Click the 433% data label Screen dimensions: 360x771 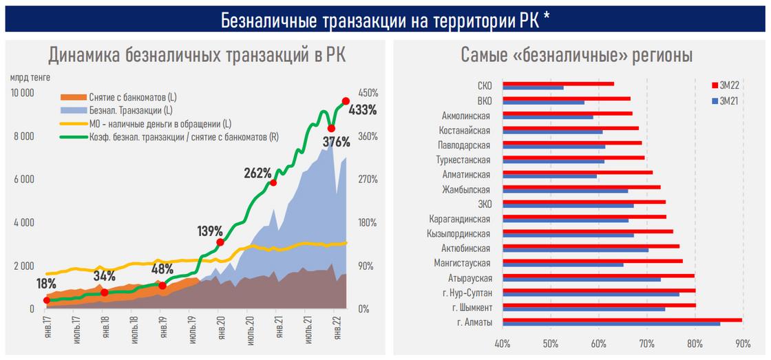click(x=363, y=109)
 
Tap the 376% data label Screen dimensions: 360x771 click(x=337, y=142)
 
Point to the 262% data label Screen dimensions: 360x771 click(x=257, y=173)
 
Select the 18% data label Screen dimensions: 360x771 click(x=46, y=284)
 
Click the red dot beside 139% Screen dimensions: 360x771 click(x=220, y=242)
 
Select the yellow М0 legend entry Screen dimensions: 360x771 click(x=151, y=125)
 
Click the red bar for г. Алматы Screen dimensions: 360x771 click(x=622, y=319)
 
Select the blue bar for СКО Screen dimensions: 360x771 click(x=533, y=88)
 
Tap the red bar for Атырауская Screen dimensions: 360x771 click(x=598, y=275)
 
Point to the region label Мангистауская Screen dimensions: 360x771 click(x=462, y=263)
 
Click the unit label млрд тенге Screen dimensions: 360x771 click(x=30, y=77)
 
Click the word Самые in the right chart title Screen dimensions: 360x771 click(x=484, y=55)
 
